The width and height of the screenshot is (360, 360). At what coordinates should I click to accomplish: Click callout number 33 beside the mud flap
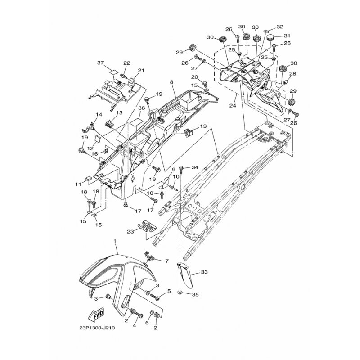click(204, 272)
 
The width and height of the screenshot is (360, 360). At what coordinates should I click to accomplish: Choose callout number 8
click(172, 82)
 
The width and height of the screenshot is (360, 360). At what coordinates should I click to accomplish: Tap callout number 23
click(130, 232)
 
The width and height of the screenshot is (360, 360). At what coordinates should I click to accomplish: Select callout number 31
click(287, 36)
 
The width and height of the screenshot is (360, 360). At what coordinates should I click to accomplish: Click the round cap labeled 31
click(272, 37)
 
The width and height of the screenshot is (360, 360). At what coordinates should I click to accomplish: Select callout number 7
click(167, 261)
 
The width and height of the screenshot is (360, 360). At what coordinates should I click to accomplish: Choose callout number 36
click(142, 108)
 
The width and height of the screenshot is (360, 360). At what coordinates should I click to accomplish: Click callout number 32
click(280, 27)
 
